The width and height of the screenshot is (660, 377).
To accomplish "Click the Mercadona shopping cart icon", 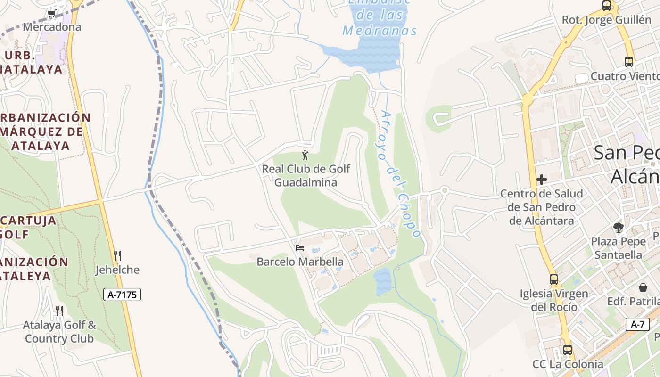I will pos(52,14).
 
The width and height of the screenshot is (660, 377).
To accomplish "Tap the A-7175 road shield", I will pos(122,295).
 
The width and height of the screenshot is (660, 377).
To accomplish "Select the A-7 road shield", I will pos(637,324).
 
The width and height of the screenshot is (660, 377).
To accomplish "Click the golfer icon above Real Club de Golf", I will pos(305,155).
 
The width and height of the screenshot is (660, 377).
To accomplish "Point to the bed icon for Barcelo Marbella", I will pos(300,247).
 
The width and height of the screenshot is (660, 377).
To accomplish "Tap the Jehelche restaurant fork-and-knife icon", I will pos(117,256).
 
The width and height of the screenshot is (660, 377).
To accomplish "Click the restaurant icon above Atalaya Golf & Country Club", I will pos(59,311).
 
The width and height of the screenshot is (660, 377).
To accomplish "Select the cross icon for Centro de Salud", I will pos(542,180).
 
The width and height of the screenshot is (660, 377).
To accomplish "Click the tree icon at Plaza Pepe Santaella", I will pos(619,228).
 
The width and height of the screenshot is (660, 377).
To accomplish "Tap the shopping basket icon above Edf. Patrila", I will pos(643,287).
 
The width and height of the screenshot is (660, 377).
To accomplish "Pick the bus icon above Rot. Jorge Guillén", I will pos(607,6).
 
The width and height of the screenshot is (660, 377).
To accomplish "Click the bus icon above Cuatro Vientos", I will pos(628,62).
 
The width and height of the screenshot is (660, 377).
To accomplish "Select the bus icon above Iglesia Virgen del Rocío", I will pos(554,279).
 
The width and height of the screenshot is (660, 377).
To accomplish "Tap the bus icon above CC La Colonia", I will pos(568,350).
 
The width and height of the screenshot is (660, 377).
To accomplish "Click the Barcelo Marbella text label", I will pos(300,262).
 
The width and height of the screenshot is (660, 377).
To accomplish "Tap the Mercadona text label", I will pos(52,27).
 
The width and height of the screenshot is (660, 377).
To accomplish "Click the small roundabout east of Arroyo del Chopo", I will pos(444,190).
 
